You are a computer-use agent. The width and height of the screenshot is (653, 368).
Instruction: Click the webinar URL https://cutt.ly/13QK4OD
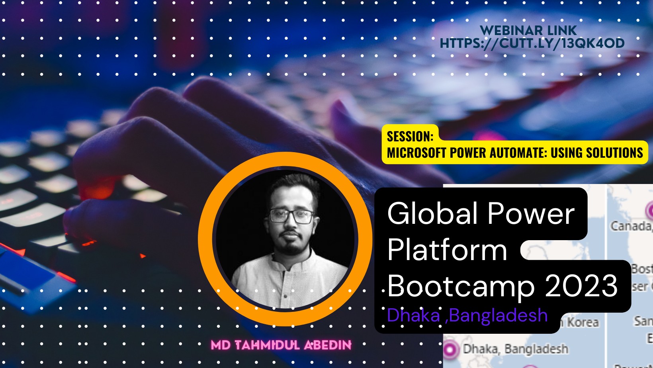[532, 43]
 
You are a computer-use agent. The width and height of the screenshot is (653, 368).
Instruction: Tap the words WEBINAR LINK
[528, 30]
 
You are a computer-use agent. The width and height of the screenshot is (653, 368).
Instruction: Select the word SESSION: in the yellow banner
[410, 137]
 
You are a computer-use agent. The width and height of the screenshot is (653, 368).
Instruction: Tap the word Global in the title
[432, 214]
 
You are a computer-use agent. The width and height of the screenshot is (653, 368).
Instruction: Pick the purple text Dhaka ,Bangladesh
[467, 315]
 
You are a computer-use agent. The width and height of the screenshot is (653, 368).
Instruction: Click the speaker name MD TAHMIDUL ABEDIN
[281, 345]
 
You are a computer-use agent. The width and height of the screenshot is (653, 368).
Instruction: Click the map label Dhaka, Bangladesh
[515, 349]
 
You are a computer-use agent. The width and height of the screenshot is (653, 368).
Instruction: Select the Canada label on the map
[631, 226]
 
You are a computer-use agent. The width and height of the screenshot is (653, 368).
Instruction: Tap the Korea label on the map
[583, 322]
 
